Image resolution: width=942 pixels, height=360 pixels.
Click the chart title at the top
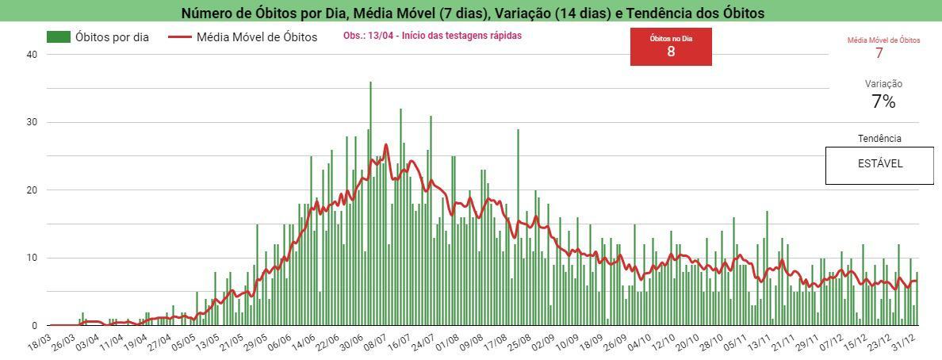pyautogui.click(x=473, y=13)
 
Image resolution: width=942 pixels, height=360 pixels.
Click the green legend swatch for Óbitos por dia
pyautogui.click(x=58, y=37)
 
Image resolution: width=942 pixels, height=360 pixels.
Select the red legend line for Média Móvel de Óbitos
pyautogui.click(x=182, y=37)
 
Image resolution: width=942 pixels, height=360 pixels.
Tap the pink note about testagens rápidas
pyautogui.click(x=432, y=36)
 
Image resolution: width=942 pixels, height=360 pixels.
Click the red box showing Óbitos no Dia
pyautogui.click(x=671, y=47)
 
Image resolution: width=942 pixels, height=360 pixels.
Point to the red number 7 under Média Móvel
pyautogui.click(x=879, y=53)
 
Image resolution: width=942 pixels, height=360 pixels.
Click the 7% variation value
pyautogui.click(x=883, y=101)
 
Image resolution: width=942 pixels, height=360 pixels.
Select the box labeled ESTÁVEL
pyautogui.click(x=879, y=165)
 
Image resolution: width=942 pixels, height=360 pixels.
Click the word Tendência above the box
pyautogui.click(x=879, y=139)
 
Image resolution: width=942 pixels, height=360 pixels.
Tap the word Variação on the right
pyautogui.click(x=883, y=84)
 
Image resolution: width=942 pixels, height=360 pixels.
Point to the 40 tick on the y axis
pyautogui.click(x=32, y=55)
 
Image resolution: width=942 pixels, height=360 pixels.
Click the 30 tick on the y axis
pyautogui.click(x=32, y=122)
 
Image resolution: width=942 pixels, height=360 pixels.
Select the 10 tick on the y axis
pyautogui.click(x=32, y=258)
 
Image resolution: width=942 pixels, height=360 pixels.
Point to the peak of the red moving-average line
pyautogui.click(x=386, y=145)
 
